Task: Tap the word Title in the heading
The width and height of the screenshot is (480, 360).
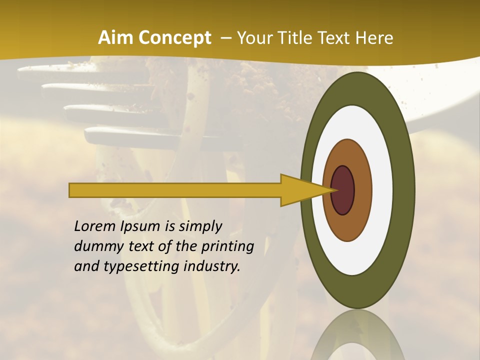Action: (298, 38)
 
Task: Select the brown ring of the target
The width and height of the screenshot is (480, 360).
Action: (362, 190)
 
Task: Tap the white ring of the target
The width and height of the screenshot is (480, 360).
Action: (382, 190)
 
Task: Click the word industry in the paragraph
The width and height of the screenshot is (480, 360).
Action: (212, 267)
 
